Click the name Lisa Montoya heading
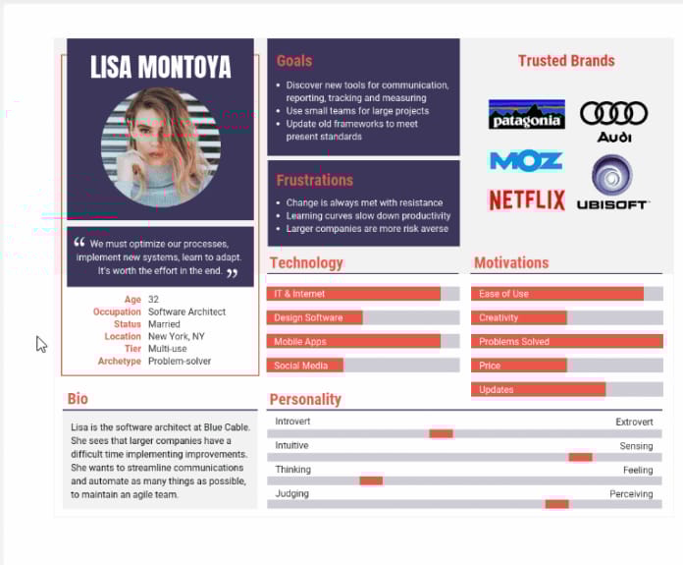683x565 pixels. pyautogui.click(x=161, y=67)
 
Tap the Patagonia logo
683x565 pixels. pyautogui.click(x=526, y=115)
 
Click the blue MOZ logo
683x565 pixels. pyautogui.click(x=526, y=160)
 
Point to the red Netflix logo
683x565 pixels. pyautogui.click(x=526, y=200)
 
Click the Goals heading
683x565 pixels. pyautogui.click(x=294, y=61)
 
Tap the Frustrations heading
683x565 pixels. pyautogui.click(x=314, y=180)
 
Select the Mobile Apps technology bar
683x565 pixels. pyautogui.click(x=353, y=342)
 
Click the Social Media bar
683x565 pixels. pyautogui.click(x=304, y=366)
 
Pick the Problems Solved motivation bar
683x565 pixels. pyautogui.click(x=567, y=342)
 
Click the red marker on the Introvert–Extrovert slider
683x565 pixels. pyautogui.click(x=441, y=433)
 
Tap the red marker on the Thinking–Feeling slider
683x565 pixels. pyautogui.click(x=371, y=480)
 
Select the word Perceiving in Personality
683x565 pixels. pyautogui.click(x=631, y=494)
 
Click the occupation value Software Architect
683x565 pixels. pyautogui.click(x=186, y=311)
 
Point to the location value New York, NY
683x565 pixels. pyautogui.click(x=177, y=336)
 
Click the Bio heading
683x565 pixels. pyautogui.click(x=78, y=399)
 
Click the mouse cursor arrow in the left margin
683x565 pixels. pyautogui.click(x=40, y=344)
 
